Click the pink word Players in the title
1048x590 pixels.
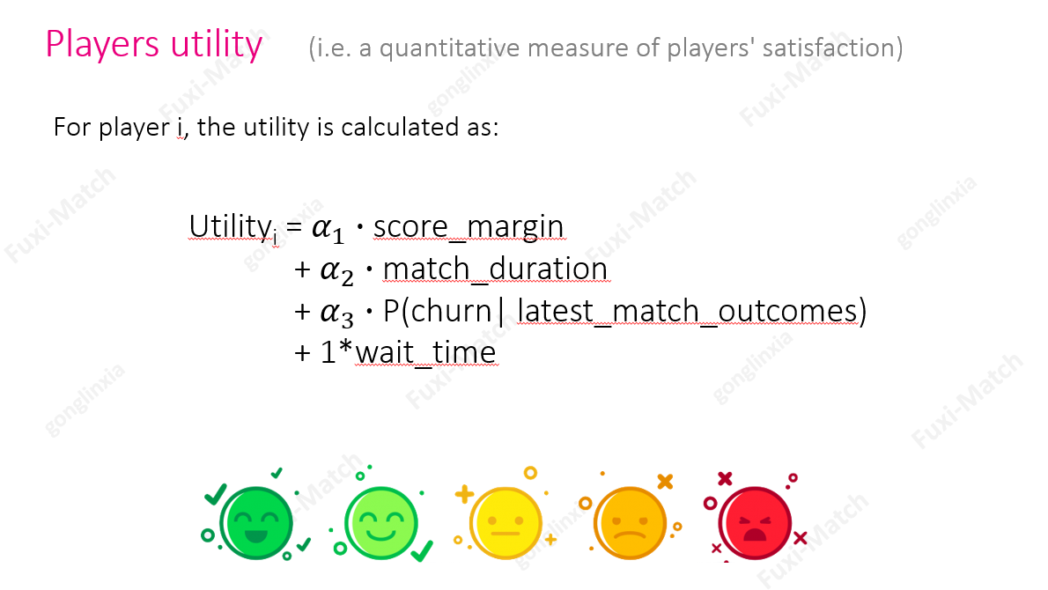102,45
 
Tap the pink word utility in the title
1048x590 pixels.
217,45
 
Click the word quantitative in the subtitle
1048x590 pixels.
449,48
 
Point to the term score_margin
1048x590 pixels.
469,226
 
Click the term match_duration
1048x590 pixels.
495,269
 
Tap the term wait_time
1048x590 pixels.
426,352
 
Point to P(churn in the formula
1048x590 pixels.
438,311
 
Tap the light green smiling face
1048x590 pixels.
381,522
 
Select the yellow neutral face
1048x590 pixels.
506,522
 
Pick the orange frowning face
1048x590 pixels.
630,522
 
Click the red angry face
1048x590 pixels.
755,522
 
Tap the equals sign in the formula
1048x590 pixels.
295,227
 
